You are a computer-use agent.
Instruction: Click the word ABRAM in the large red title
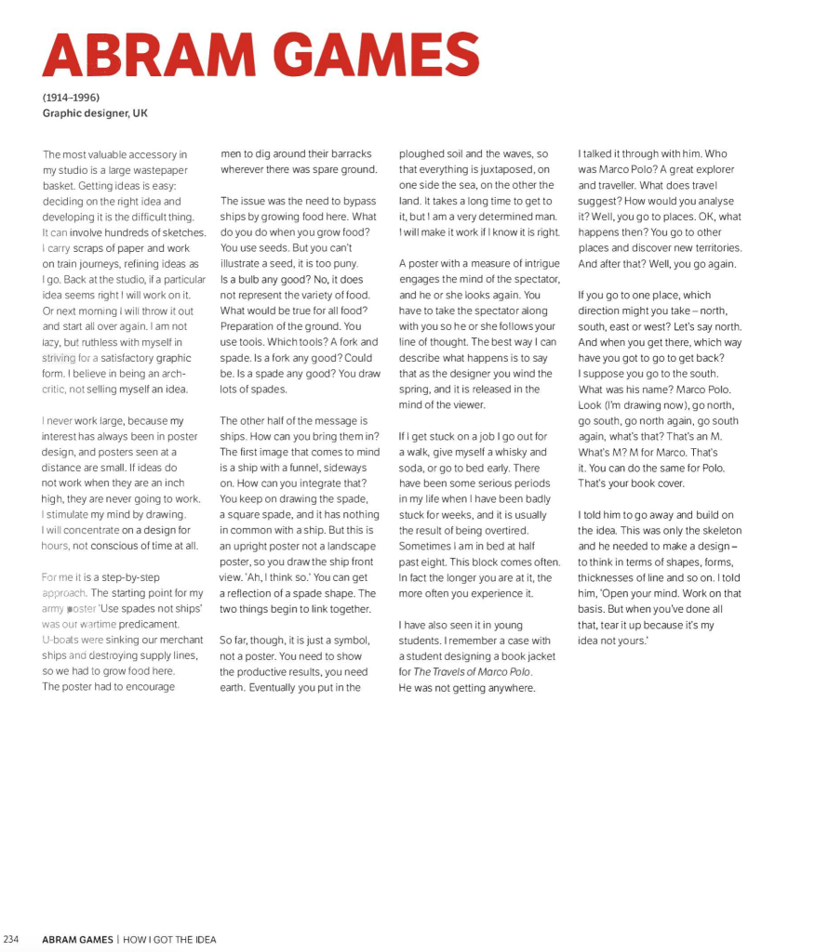tap(154, 55)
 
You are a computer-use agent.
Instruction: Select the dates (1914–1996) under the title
tap(71, 98)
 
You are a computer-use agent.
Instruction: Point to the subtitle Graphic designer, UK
tap(95, 113)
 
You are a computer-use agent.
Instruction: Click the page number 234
tap(13, 939)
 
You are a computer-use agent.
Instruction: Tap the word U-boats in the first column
tap(61, 640)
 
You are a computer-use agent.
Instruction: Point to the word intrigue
tap(539, 264)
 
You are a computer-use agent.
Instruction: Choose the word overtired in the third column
tap(506, 530)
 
